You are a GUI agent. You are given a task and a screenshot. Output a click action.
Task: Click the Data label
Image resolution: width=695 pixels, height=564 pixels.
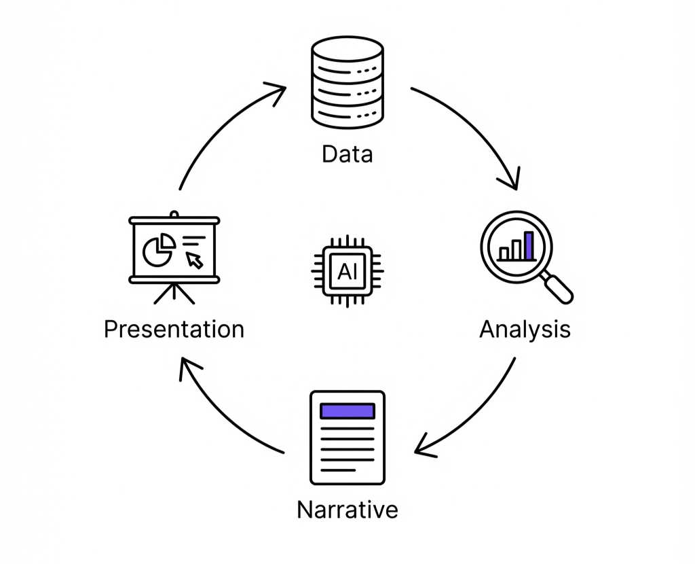coord(347,154)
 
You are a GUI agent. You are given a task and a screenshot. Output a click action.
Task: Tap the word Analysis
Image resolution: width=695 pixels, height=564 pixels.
coord(525,330)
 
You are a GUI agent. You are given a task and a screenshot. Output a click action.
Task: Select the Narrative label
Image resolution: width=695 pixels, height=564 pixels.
coord(347,510)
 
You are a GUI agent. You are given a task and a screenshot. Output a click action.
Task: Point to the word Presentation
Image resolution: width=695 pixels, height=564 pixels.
coord(174,330)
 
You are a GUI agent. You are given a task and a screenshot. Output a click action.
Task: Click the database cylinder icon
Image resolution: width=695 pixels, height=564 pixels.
coord(347,83)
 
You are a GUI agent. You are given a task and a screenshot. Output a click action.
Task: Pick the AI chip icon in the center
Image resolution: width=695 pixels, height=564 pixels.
coord(347,271)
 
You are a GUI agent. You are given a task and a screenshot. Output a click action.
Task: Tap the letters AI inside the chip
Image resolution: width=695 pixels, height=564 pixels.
coord(347,272)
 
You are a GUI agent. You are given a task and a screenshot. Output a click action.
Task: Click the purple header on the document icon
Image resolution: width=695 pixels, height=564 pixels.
coord(347,411)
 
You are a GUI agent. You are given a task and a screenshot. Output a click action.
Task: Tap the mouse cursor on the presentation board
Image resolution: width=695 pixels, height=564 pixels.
coord(195,260)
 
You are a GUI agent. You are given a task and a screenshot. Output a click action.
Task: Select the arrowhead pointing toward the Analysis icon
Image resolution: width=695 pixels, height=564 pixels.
coord(510,180)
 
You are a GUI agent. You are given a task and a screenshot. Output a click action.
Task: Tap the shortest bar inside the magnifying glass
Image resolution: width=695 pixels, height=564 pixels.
coord(504,253)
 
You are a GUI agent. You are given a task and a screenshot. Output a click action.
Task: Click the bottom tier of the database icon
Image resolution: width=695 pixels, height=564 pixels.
coord(347,111)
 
